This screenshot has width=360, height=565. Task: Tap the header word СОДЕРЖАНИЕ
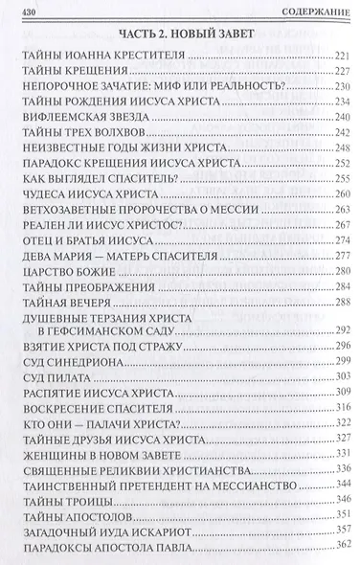tap(315, 9)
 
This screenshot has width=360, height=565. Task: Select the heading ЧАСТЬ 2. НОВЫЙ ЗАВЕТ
tap(181, 35)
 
